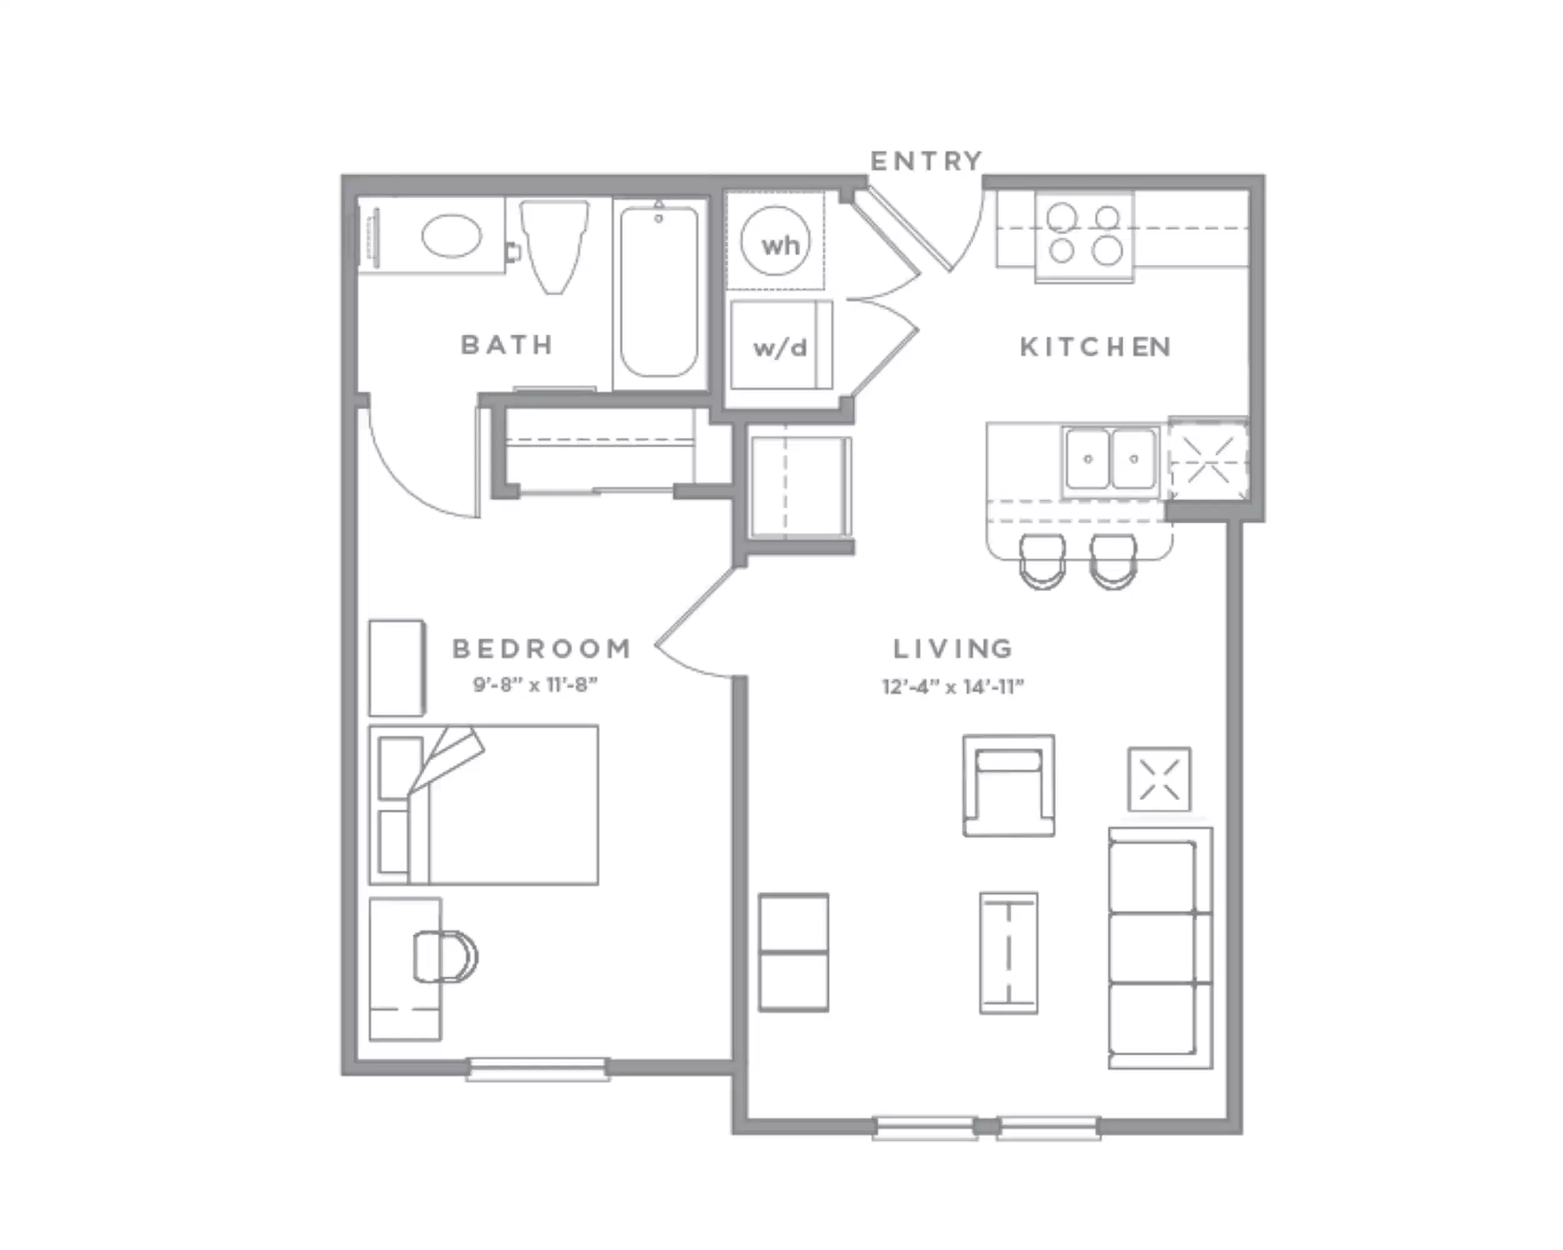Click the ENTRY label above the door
click(926, 161)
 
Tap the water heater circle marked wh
click(776, 241)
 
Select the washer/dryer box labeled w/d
click(780, 346)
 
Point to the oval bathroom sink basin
click(451, 236)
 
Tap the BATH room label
click(508, 345)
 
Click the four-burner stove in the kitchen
click(1084, 236)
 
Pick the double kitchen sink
click(1110, 459)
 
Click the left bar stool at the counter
click(1042, 562)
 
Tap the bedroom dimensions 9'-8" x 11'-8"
click(535, 685)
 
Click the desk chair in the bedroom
click(445, 956)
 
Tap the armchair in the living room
click(1008, 786)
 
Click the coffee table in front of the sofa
click(1008, 952)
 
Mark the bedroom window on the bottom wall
click(537, 1069)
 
